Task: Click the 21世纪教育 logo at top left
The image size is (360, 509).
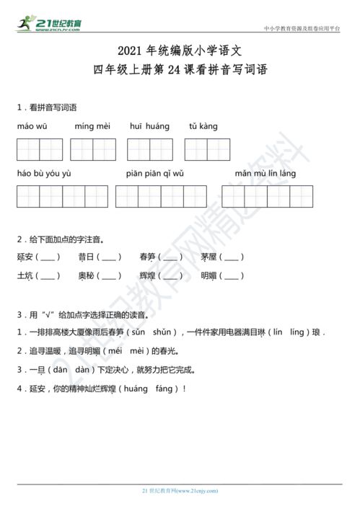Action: (49, 25)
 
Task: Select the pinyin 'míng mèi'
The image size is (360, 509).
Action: (92, 127)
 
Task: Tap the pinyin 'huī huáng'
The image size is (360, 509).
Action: (149, 127)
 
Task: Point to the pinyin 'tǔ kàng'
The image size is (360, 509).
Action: (203, 127)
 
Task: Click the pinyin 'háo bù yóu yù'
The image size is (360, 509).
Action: (43, 174)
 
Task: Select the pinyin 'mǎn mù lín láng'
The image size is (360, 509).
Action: (265, 174)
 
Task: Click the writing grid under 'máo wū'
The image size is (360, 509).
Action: (40, 149)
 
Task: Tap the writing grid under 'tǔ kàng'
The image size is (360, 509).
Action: (207, 149)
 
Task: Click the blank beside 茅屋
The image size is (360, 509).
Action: (232, 257)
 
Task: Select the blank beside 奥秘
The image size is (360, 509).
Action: (110, 275)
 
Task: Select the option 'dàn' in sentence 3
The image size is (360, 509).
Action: (84, 370)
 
